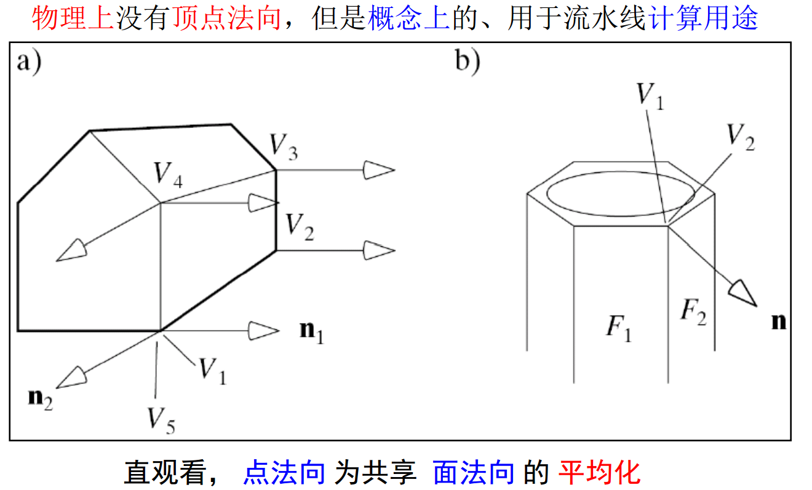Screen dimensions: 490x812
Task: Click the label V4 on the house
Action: click(x=168, y=174)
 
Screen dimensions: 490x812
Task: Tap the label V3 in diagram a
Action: click(x=284, y=147)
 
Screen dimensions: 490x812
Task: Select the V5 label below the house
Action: click(x=160, y=419)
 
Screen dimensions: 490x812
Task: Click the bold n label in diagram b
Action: click(x=779, y=321)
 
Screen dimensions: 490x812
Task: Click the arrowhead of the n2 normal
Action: click(x=75, y=376)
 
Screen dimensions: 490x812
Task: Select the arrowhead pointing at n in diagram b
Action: click(x=743, y=291)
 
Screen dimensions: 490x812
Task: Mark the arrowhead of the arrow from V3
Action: click(x=378, y=170)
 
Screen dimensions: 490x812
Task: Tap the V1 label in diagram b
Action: click(x=650, y=96)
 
